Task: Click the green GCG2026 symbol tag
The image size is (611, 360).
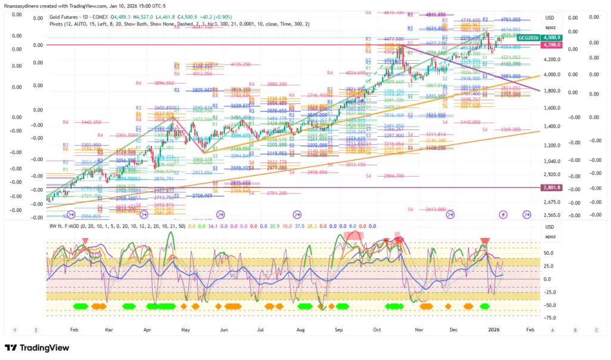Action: click(527, 38)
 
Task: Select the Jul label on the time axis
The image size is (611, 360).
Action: click(260, 329)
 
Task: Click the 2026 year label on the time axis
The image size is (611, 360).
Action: click(493, 329)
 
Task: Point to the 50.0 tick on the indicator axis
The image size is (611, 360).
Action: click(549, 253)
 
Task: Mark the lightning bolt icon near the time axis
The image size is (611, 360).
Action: click(503, 214)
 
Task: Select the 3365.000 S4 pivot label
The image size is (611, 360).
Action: click(505, 130)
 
